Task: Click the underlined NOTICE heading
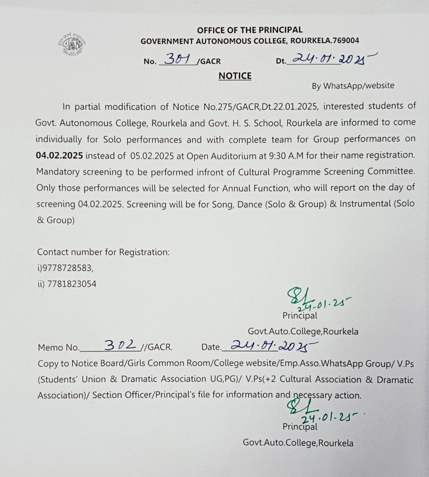235,76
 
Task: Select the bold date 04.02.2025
59,156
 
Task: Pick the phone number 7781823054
72,284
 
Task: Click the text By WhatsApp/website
353,86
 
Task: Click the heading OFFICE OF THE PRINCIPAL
250,30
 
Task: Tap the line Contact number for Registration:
103,252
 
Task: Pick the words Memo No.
59,348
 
